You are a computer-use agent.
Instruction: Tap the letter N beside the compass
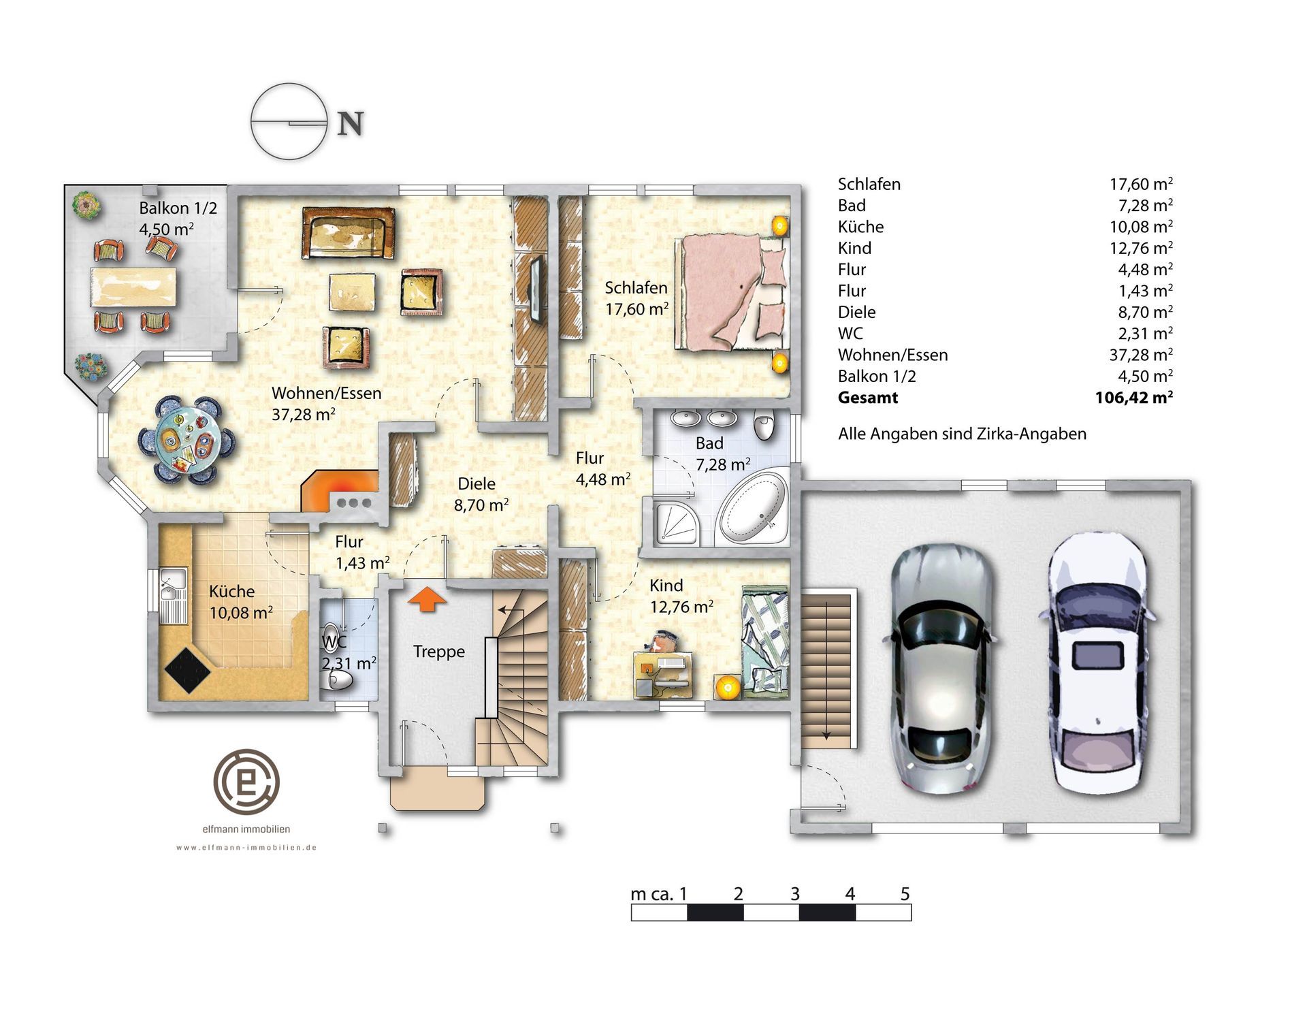(351, 124)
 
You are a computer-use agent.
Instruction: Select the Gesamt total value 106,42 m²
(1133, 398)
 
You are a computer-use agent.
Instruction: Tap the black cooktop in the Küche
(189, 669)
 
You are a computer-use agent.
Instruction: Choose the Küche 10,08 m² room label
(240, 602)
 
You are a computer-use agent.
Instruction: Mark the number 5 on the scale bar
(905, 894)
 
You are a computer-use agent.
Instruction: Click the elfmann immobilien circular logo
(246, 780)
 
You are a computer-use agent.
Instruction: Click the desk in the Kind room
(664, 674)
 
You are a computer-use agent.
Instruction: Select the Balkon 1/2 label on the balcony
(178, 208)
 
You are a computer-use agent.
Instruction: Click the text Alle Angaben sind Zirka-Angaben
(962, 434)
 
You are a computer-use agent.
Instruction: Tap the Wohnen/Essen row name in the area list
(892, 355)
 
